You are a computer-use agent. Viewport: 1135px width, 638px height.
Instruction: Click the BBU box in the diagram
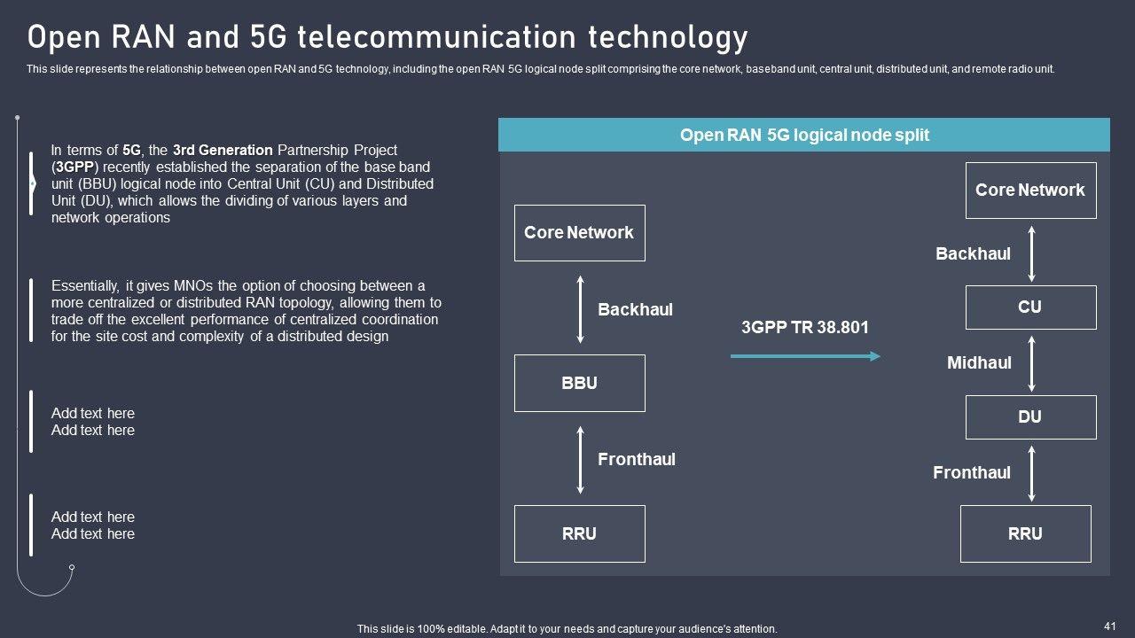coord(579,383)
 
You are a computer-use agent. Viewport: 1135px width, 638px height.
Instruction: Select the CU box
coord(1030,307)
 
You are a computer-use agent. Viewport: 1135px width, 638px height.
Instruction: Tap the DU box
coord(1030,416)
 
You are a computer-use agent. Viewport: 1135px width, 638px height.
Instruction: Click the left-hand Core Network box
coord(579,232)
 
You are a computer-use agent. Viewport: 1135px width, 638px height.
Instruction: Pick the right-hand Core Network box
coord(1030,190)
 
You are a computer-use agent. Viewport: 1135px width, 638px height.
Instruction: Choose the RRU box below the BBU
coord(579,533)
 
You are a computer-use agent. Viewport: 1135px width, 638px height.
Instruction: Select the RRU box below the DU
coord(1025,533)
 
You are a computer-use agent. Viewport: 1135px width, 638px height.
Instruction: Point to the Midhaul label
coord(979,362)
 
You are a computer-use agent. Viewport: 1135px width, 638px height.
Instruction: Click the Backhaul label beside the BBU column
coord(635,309)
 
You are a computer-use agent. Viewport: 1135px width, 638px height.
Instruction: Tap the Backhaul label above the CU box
coord(973,253)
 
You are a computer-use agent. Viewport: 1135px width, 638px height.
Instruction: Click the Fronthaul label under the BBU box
coord(637,459)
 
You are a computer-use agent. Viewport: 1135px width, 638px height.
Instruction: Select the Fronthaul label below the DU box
coord(972,472)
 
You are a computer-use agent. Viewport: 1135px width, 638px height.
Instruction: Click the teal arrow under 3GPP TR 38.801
coord(805,356)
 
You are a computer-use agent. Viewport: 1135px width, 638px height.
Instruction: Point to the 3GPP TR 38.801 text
coord(805,328)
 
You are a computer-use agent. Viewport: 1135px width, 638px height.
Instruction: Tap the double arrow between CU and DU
coord(1031,362)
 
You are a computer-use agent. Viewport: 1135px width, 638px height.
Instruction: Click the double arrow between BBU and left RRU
coord(581,459)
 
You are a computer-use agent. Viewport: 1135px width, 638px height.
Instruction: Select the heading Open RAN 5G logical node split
coord(804,136)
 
